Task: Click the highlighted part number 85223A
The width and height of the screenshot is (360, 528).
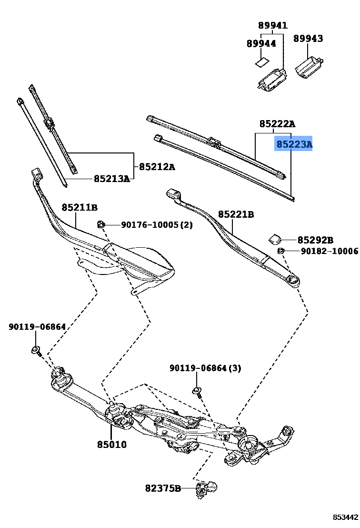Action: pos(294,143)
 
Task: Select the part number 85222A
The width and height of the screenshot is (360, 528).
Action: pos(277,124)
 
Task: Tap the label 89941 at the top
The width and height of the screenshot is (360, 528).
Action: pos(273,26)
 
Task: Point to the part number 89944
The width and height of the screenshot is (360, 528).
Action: pos(261,43)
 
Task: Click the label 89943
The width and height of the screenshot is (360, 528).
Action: pos(308,38)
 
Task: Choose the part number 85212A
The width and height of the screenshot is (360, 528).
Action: pos(157,167)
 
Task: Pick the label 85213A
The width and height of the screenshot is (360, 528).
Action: pos(111,179)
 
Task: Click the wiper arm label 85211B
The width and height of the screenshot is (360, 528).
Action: pos(80,207)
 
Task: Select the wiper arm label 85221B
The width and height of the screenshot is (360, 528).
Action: pos(236,214)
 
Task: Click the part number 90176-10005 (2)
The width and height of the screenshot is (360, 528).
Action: pos(157,224)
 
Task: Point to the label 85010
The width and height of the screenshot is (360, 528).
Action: pos(112,444)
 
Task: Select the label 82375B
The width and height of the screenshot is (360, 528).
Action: pos(163,488)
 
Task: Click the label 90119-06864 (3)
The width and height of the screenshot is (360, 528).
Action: pos(205,368)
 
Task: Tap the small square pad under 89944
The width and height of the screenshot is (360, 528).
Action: pos(261,61)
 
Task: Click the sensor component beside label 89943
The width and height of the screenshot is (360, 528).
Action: pos(309,66)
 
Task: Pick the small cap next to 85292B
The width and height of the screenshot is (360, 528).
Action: pos(276,238)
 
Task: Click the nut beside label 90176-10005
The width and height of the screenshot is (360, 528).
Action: pos(100,224)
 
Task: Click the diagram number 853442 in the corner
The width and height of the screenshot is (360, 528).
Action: pos(345,517)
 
